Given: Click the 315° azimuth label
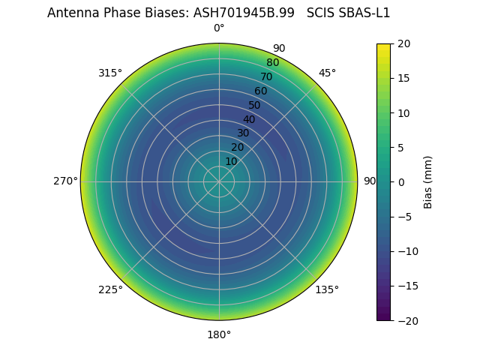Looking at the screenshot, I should pyautogui.click(x=110, y=73).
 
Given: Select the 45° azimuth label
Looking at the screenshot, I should pyautogui.click(x=327, y=73).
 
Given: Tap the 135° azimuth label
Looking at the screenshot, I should pyautogui.click(x=327, y=289).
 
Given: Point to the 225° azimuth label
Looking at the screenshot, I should pyautogui.click(x=110, y=289).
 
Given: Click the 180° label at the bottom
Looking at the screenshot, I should pyautogui.click(x=219, y=334).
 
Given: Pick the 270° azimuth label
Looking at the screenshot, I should pyautogui.click(x=65, y=181).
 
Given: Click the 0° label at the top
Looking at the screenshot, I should pyautogui.click(x=219, y=28).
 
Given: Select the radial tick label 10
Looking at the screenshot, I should pyautogui.click(x=231, y=161).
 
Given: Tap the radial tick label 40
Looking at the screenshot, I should pyautogui.click(x=249, y=119).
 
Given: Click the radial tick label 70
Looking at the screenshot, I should pyautogui.click(x=266, y=76).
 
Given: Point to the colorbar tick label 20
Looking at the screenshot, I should pyautogui.click(x=403, y=43).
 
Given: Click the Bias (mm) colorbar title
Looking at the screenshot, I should pyautogui.click(x=428, y=182).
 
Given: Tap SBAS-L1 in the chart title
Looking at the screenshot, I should pyautogui.click(x=364, y=13).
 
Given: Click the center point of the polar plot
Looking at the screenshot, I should pyautogui.click(x=219, y=181).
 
